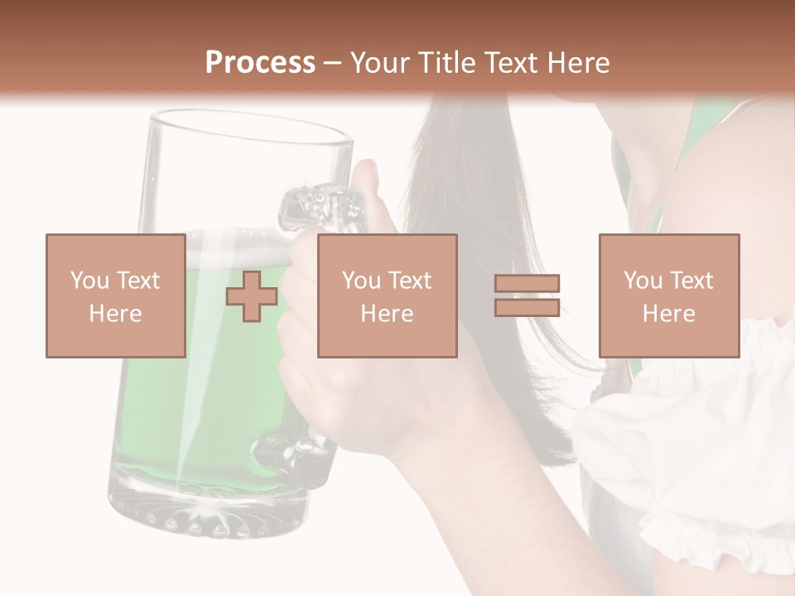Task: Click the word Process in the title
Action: click(260, 63)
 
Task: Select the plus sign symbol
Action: click(252, 296)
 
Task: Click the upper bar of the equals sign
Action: click(527, 284)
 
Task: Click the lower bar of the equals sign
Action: click(527, 307)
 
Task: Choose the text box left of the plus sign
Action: click(115, 296)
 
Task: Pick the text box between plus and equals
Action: click(387, 296)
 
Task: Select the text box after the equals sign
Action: click(668, 296)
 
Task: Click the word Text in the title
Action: click(510, 63)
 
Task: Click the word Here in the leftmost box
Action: click(115, 314)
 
